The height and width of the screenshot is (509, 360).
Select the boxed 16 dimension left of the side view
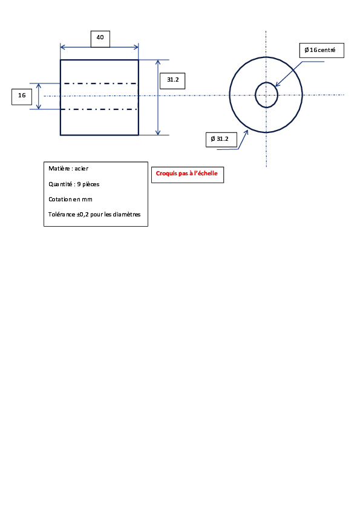(22, 97)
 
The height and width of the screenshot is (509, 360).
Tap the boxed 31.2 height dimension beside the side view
(172, 81)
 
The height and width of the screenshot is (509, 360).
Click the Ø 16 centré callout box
(322, 50)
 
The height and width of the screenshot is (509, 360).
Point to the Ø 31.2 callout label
(221, 139)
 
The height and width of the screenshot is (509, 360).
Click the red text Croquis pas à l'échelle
(186, 173)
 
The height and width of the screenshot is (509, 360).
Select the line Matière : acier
(68, 169)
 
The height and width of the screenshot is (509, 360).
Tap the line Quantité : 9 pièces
(74, 184)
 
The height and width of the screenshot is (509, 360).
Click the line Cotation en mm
(70, 199)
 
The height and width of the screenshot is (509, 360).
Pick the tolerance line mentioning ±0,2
(94, 214)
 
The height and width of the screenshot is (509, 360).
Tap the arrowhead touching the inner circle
(278, 84)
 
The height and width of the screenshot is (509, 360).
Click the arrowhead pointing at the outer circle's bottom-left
(246, 132)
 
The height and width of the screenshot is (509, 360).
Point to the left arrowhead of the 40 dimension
(63, 47)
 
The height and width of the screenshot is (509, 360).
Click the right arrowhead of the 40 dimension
(136, 47)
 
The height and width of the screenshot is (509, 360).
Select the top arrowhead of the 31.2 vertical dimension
(158, 62)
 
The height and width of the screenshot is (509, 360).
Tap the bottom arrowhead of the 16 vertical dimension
(39, 106)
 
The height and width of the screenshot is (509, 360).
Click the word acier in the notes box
(82, 169)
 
